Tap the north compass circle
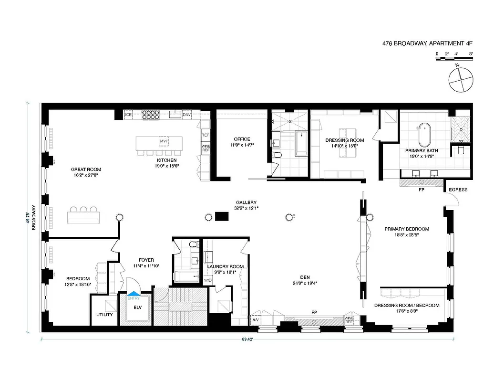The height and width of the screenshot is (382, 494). pyautogui.click(x=460, y=79)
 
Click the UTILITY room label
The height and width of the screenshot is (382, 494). pyautogui.click(x=104, y=315)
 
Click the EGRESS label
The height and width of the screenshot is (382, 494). pyautogui.click(x=458, y=190)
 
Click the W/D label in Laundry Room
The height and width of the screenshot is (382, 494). pyautogui.click(x=208, y=280)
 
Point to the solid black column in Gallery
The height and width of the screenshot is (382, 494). pyautogui.click(x=222, y=216)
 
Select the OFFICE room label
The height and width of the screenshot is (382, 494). pyautogui.click(x=242, y=139)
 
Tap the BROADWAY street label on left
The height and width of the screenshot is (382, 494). pyautogui.click(x=34, y=218)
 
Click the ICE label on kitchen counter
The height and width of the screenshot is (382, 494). pyautogui.click(x=128, y=115)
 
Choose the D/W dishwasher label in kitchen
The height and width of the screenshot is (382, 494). pyautogui.click(x=187, y=115)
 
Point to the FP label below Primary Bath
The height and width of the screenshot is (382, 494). pyautogui.click(x=421, y=190)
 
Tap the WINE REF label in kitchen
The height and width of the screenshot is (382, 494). pyautogui.click(x=206, y=148)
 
